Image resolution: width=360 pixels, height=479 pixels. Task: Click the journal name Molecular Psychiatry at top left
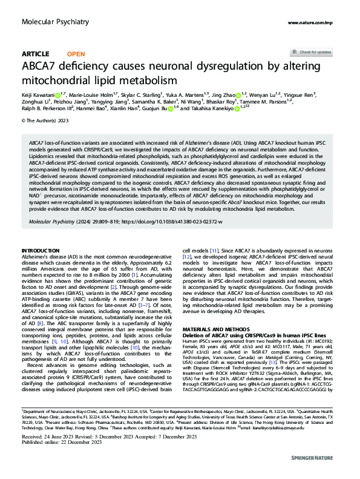tap(50, 22)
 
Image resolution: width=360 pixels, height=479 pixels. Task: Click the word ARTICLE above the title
tap(36, 54)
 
